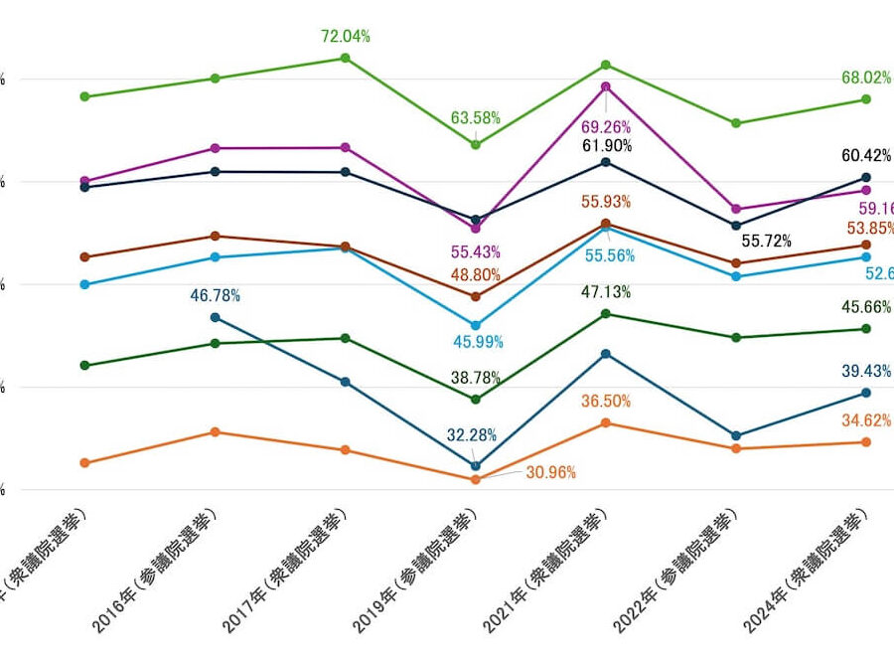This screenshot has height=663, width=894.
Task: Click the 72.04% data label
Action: click(345, 37)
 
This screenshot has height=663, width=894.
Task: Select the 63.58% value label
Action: click(476, 118)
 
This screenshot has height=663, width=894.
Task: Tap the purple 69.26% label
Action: click(606, 128)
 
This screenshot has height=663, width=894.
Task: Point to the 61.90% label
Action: click(606, 146)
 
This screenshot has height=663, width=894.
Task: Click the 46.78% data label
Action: click(215, 295)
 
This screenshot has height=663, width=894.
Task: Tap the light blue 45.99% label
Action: click(478, 342)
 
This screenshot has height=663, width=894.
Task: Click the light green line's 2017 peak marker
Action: click(345, 58)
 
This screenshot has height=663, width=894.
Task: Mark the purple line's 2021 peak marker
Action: click(606, 86)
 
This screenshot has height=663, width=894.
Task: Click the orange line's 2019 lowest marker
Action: click(475, 479)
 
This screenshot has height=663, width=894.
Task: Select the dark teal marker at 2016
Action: click(215, 317)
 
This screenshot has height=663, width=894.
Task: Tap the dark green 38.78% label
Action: click(475, 378)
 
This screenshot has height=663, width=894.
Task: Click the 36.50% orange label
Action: click(606, 401)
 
